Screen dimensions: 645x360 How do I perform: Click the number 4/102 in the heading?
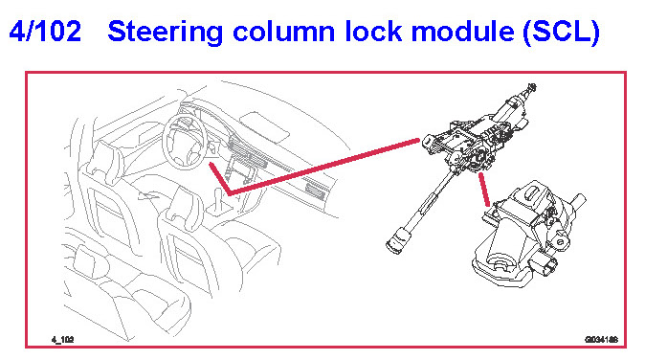(x=45, y=32)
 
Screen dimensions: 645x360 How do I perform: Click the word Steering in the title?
(x=166, y=33)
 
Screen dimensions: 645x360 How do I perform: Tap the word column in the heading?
(x=284, y=32)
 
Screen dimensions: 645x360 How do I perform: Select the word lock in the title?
(x=373, y=32)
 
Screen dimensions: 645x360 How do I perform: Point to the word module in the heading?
(x=463, y=32)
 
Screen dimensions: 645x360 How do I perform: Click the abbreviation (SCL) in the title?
(x=562, y=33)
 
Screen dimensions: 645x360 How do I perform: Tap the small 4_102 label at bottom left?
(x=62, y=340)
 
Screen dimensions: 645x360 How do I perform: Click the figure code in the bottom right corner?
(x=601, y=340)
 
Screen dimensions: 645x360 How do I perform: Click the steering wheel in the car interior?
(x=184, y=142)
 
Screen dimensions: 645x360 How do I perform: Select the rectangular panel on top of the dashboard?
(x=264, y=125)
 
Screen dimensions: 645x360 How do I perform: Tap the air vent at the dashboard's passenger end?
(x=317, y=191)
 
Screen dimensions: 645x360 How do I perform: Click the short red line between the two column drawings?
(x=484, y=190)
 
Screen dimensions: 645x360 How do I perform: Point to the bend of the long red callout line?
(x=229, y=193)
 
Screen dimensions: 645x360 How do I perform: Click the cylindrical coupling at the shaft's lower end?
(x=398, y=241)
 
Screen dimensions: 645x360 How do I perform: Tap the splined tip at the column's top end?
(x=531, y=87)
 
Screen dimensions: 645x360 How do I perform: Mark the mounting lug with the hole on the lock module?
(x=560, y=240)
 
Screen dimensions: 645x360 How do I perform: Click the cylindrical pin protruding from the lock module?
(x=578, y=201)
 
